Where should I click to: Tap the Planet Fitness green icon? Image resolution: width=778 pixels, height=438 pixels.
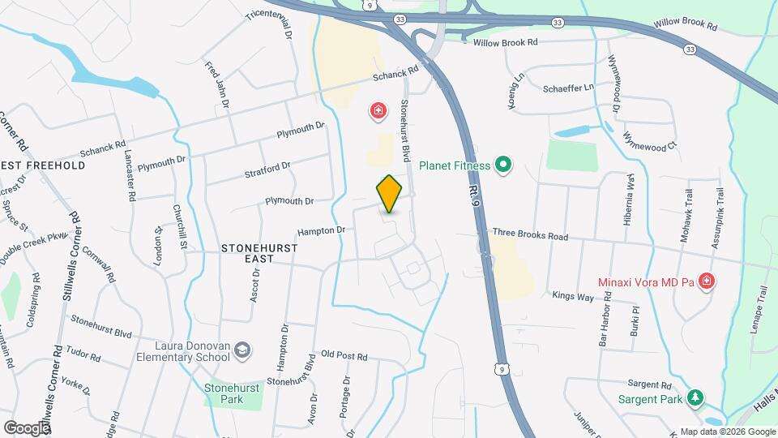pyautogui.click(x=503, y=165)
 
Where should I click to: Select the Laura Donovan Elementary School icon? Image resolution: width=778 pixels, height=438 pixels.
pyautogui.click(x=242, y=350)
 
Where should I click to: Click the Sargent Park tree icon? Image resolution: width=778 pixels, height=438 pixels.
pyautogui.click(x=695, y=397)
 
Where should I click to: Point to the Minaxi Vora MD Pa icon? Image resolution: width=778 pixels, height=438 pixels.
pyautogui.click(x=707, y=281)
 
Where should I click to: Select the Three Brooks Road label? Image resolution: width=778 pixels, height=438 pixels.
pyautogui.click(x=530, y=235)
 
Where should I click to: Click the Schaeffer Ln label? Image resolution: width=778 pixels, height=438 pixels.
pyautogui.click(x=569, y=88)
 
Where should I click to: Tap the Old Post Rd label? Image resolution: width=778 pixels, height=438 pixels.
pyautogui.click(x=344, y=355)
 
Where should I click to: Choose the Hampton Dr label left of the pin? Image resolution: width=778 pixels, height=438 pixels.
pyautogui.click(x=321, y=231)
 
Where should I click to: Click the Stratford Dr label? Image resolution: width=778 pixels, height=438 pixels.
pyautogui.click(x=267, y=170)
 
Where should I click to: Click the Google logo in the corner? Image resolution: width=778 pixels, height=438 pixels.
pyautogui.click(x=27, y=427)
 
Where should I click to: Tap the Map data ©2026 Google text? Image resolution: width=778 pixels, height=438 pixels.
pyautogui.click(x=728, y=432)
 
